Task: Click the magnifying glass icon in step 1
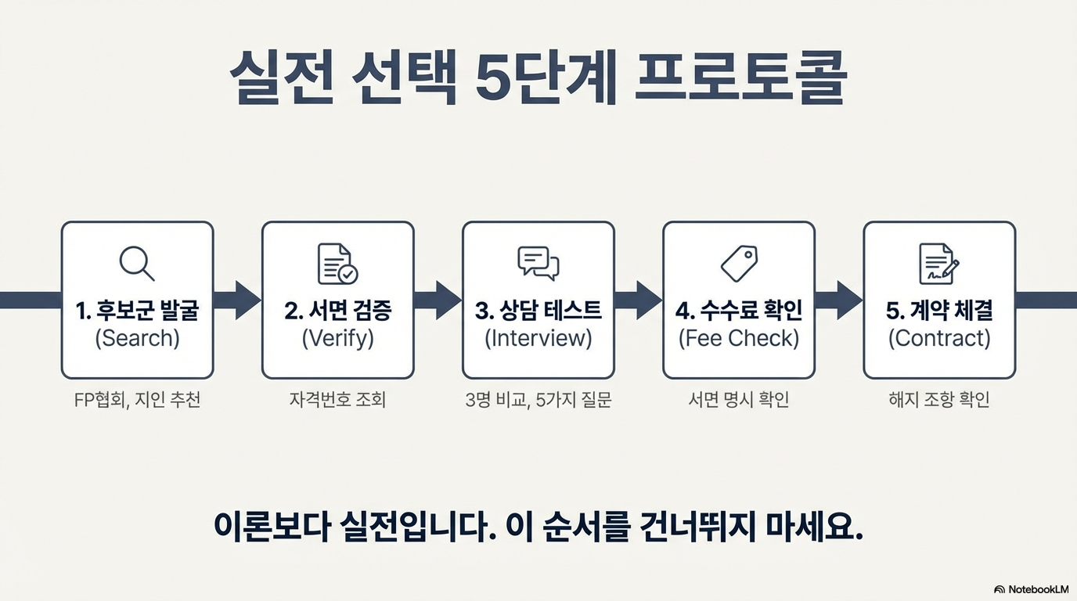pyautogui.click(x=137, y=264)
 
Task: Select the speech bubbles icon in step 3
pyautogui.click(x=538, y=264)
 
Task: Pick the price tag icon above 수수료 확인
pyautogui.click(x=739, y=264)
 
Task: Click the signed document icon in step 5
pyautogui.click(x=938, y=264)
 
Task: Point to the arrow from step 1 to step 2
pyautogui.click(x=238, y=300)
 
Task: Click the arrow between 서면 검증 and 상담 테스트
pyautogui.click(x=438, y=300)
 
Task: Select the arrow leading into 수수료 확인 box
pyautogui.click(x=639, y=300)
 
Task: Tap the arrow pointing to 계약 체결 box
pyautogui.click(x=839, y=300)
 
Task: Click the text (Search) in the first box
pyautogui.click(x=137, y=338)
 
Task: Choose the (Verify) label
pyautogui.click(x=337, y=338)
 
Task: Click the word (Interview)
pyautogui.click(x=538, y=338)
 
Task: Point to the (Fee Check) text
pyautogui.click(x=739, y=338)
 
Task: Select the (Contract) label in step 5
pyautogui.click(x=939, y=338)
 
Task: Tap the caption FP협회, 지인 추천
pyautogui.click(x=137, y=400)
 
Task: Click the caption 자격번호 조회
pyautogui.click(x=337, y=400)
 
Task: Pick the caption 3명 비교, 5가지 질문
pyautogui.click(x=538, y=400)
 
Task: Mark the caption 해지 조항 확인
pyautogui.click(x=939, y=400)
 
